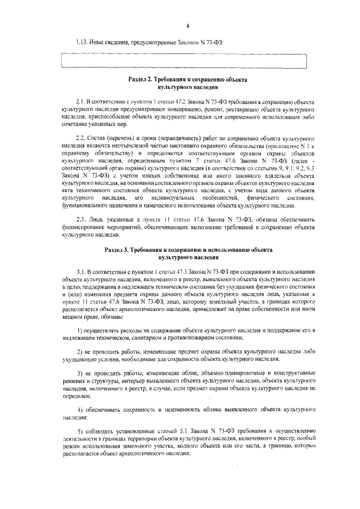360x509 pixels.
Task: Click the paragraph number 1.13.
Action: (82, 42)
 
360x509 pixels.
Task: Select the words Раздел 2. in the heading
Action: (141, 80)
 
